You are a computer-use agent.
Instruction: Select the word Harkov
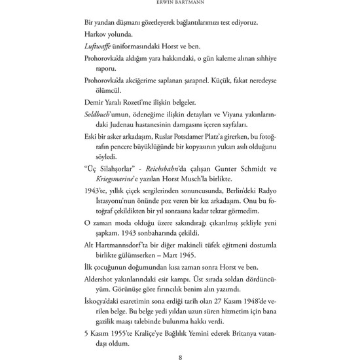(97, 33)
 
